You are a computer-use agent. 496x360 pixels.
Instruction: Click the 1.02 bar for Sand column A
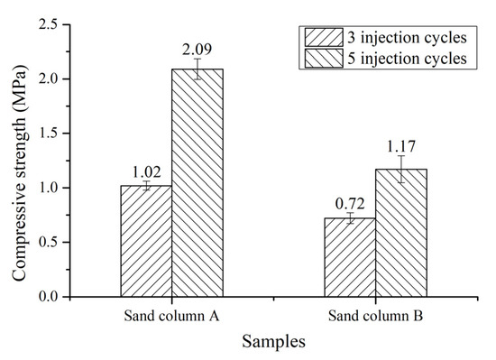click(x=146, y=241)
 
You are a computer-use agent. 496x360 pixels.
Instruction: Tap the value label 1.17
click(x=401, y=143)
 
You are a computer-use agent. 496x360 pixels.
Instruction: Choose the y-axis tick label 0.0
click(x=49, y=297)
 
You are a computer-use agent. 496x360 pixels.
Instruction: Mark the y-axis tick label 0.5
click(x=49, y=243)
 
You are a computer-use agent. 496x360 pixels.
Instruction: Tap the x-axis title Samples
click(x=272, y=341)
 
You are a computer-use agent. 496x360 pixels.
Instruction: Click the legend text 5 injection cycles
click(x=409, y=59)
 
